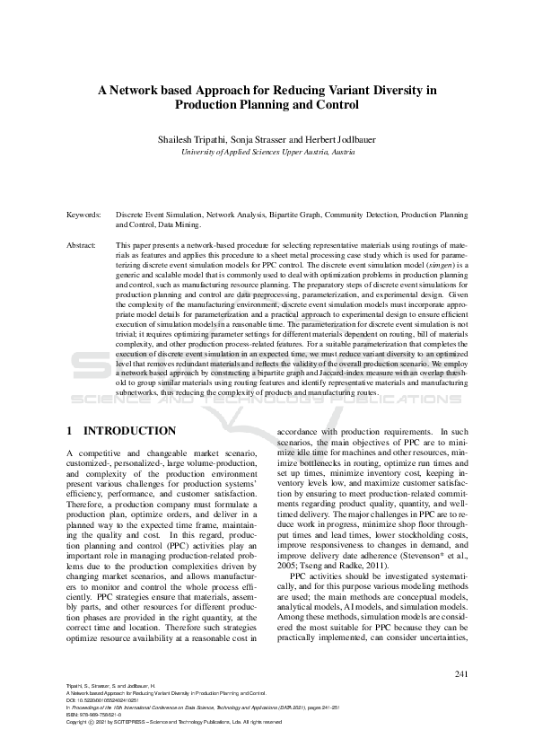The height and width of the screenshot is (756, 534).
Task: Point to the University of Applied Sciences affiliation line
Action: pyautogui.click(x=267, y=153)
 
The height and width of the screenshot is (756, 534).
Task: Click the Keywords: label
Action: pyautogui.click(x=85, y=215)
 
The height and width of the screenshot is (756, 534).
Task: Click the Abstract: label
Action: pyautogui.click(x=83, y=244)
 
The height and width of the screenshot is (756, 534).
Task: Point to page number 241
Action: pyautogui.click(x=461, y=673)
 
